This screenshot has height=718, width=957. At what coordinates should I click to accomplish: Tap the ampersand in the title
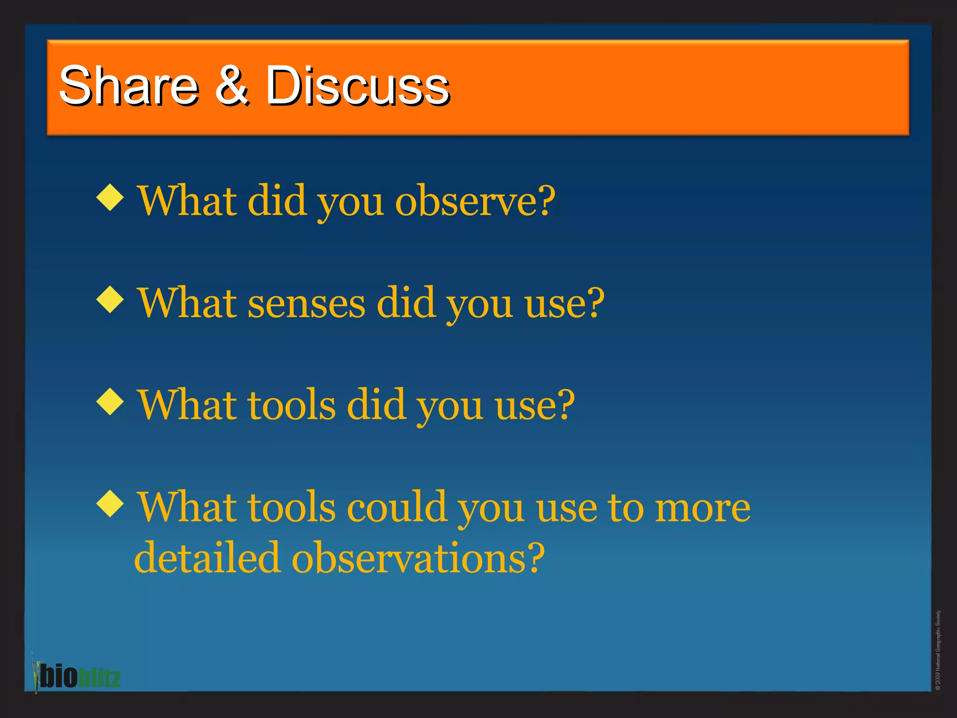coord(232,85)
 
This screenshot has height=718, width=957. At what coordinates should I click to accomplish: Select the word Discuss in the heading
coord(357,86)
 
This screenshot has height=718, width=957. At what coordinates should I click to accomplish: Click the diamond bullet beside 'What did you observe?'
coord(110,197)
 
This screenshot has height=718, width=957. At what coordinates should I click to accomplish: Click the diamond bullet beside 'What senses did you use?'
coord(110,299)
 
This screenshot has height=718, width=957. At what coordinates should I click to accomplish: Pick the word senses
coord(306,304)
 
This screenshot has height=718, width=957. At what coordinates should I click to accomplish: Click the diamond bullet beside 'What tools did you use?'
coord(110,401)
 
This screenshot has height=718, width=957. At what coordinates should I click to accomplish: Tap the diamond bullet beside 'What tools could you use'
coord(110,503)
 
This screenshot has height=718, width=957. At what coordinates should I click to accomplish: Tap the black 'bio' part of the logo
coord(58,676)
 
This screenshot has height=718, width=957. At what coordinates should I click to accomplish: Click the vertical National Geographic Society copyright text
coord(937,650)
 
